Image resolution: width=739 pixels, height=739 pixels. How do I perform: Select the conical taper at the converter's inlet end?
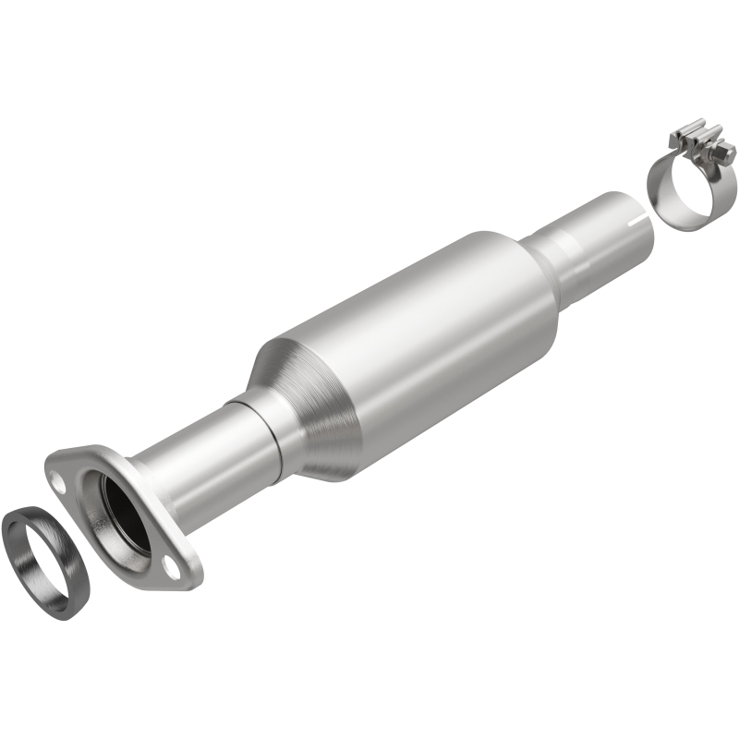[314, 406]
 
